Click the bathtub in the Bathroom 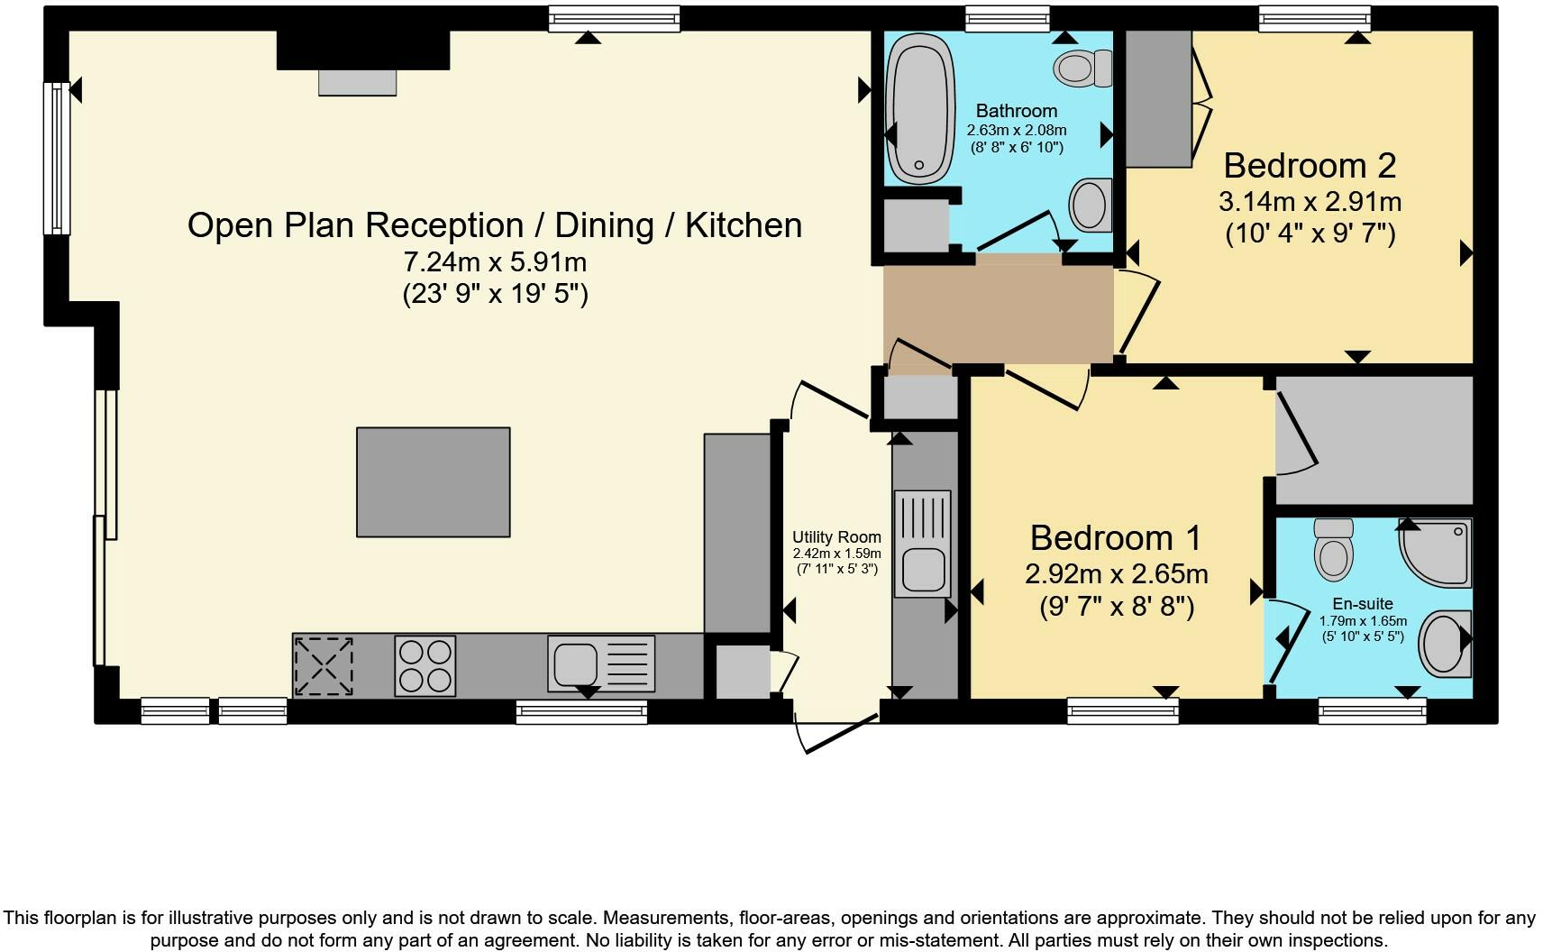tap(920, 108)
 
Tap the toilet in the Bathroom tap(1082, 69)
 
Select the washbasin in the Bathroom tap(1091, 206)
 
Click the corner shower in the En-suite tap(1435, 554)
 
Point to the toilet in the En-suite tap(1334, 550)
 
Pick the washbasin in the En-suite tap(1445, 644)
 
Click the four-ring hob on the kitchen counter tap(425, 666)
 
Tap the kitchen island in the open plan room tap(434, 482)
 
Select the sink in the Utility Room tap(922, 544)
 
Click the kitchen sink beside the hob tap(601, 664)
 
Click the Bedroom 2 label tap(1310, 166)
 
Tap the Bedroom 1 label tap(1116, 538)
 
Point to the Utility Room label tap(836, 537)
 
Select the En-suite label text tap(1363, 604)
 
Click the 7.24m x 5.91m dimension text tap(495, 262)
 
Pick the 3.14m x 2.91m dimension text tap(1310, 203)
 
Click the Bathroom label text tap(1017, 111)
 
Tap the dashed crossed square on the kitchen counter tap(324, 666)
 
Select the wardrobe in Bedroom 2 tap(1159, 98)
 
